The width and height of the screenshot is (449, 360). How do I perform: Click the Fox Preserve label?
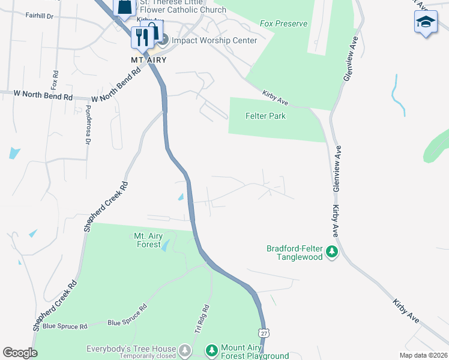click(284, 24)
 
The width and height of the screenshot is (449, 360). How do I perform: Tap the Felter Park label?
click(265, 116)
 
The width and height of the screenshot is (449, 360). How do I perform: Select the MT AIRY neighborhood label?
click(148, 60)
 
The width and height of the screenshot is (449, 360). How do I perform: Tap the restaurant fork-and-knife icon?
click(142, 37)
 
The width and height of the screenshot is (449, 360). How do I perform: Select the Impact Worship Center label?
click(214, 41)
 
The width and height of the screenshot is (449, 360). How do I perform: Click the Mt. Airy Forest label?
click(148, 240)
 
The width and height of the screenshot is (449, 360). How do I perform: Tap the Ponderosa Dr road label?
click(88, 125)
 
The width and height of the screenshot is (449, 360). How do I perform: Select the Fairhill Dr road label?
click(40, 16)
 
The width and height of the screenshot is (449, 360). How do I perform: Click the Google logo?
click(20, 353)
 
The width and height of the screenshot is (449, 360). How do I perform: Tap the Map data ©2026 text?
click(423, 355)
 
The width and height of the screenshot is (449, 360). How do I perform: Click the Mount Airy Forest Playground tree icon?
click(211, 350)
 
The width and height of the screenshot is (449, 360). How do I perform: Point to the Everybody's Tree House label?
click(131, 348)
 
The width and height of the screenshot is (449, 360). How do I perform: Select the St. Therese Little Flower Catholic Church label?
click(182, 6)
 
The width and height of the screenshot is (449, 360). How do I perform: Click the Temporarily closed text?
click(148, 356)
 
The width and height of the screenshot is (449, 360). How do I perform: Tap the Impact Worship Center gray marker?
click(164, 40)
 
